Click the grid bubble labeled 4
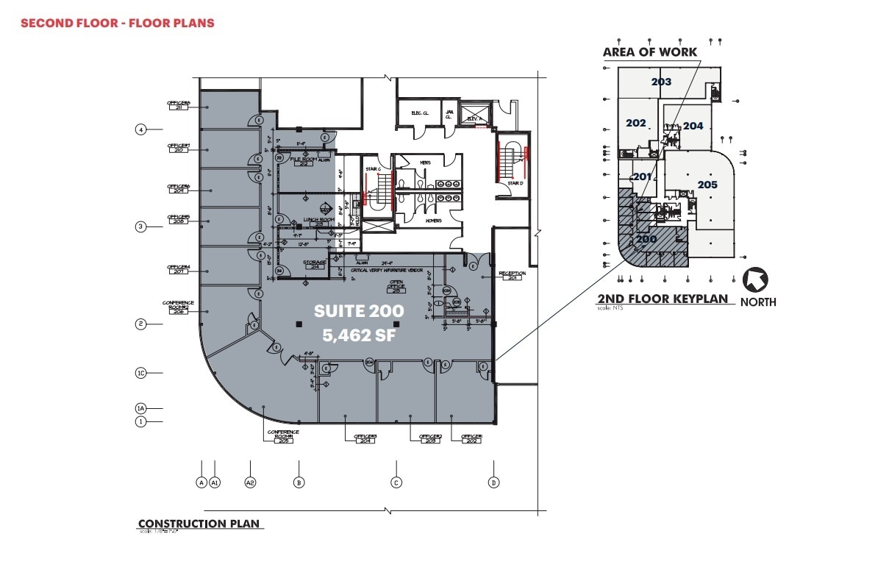[x=140, y=130]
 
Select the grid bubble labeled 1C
[x=141, y=373]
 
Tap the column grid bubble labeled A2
[x=251, y=482]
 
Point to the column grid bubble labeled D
[x=493, y=482]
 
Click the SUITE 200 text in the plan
[x=350, y=311]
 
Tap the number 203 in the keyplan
[x=661, y=82]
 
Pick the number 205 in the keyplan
[x=707, y=185]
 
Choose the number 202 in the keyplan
[x=635, y=123]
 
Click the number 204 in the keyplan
[x=693, y=126]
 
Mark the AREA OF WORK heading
[x=649, y=52]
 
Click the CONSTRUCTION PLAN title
[x=199, y=524]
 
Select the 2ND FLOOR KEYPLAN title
[x=662, y=299]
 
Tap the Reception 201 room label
[x=513, y=275]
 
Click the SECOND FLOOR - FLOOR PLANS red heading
[x=118, y=23]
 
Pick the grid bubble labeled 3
[x=140, y=227]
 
